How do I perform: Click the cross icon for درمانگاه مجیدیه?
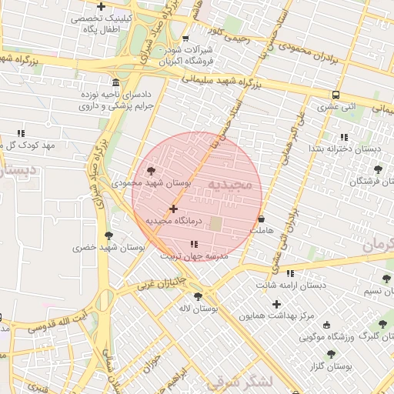[x=173, y=209]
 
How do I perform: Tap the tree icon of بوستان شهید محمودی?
[x=151, y=171]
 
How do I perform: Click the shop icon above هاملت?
[x=262, y=219]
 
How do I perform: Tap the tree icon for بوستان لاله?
[x=198, y=296]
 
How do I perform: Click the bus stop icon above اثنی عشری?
[x=335, y=95]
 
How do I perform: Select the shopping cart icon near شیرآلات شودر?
[x=185, y=38]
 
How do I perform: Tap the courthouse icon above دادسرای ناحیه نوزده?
[x=115, y=83]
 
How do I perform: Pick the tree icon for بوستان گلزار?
[x=331, y=355]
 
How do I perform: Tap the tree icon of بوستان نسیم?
[x=386, y=279]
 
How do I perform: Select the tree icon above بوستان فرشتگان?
[x=377, y=169]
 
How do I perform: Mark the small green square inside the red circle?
[x=216, y=224]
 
